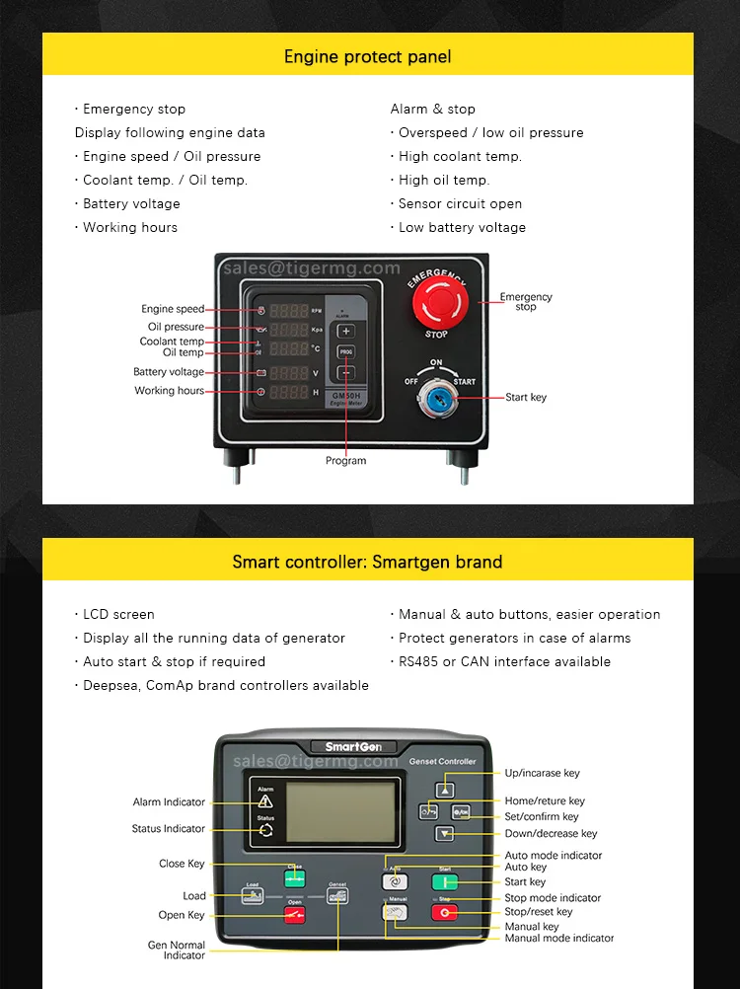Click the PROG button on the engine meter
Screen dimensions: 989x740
point(345,351)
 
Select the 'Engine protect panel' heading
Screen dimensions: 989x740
point(368,56)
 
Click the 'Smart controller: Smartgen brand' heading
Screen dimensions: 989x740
point(367,562)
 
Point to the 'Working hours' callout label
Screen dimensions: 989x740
point(170,391)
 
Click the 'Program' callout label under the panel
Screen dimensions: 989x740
point(345,461)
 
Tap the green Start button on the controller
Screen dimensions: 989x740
point(445,882)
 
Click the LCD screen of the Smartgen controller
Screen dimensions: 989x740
point(339,812)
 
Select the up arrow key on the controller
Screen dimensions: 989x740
point(446,790)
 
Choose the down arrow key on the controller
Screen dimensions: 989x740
point(446,834)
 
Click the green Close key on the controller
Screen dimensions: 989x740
point(295,877)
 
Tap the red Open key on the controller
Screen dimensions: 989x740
point(295,914)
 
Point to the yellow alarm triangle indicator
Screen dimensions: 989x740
point(265,801)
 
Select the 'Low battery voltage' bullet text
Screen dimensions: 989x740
point(462,227)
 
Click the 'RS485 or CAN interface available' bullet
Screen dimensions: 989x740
point(504,661)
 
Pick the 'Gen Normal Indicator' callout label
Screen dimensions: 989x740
point(177,950)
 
